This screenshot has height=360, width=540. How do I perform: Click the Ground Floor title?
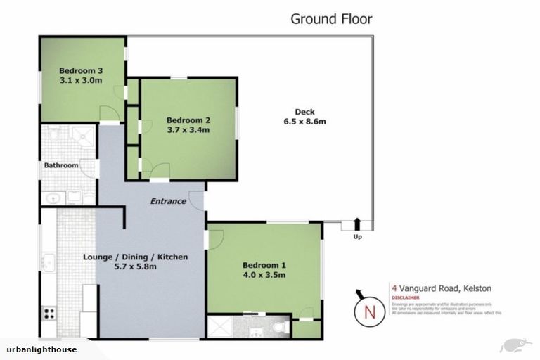[x=331, y=19]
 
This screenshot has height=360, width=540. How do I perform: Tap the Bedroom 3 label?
[x=81, y=70]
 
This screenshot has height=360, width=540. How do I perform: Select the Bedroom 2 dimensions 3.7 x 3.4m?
[x=188, y=129]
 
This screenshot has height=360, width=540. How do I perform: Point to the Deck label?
[x=304, y=112]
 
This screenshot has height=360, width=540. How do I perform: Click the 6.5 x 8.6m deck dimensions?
[x=304, y=122]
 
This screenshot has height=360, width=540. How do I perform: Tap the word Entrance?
[x=169, y=201]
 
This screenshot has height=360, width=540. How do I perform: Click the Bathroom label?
[x=61, y=165]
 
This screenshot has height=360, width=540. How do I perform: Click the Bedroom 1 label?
[x=264, y=265]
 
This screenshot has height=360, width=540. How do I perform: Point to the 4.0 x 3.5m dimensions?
[x=264, y=275]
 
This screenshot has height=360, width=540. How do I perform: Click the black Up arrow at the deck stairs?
[x=356, y=224]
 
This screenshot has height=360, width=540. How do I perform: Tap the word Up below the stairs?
[x=357, y=237]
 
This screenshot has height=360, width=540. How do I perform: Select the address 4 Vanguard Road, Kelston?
[x=441, y=288]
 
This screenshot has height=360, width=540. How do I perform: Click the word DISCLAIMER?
[x=406, y=297]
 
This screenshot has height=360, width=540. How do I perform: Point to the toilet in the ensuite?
[x=280, y=326]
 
